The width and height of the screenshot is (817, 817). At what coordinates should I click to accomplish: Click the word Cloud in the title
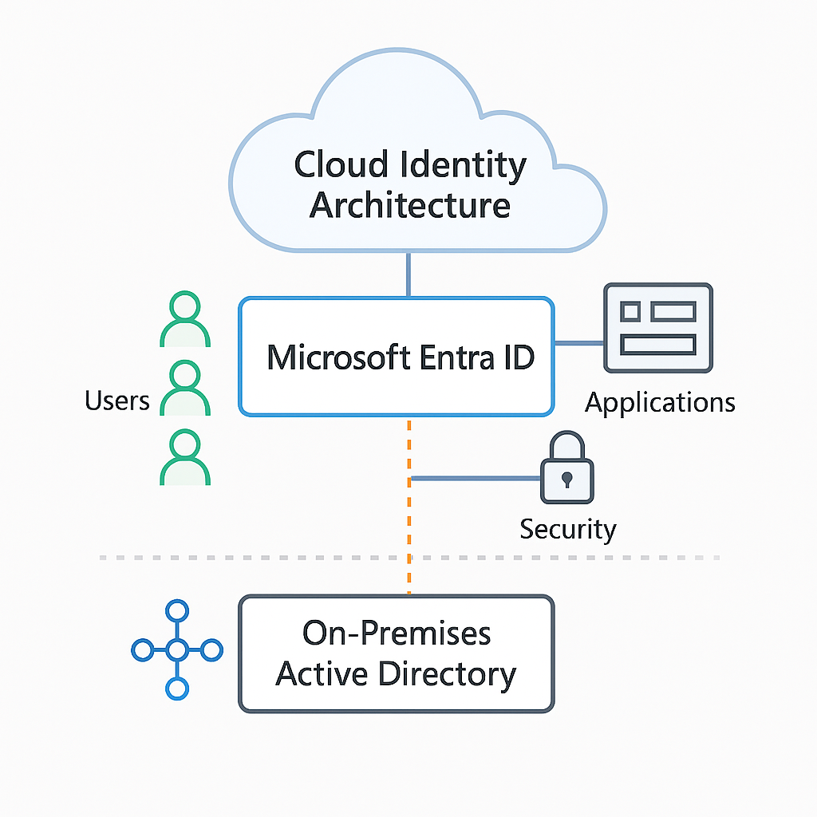click(x=341, y=166)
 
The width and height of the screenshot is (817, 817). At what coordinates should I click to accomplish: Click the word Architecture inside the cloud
click(x=410, y=205)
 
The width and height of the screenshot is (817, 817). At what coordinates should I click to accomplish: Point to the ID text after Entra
click(x=518, y=357)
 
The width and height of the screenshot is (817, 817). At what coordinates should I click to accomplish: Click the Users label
click(x=117, y=400)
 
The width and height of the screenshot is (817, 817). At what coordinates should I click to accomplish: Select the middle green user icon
click(x=185, y=389)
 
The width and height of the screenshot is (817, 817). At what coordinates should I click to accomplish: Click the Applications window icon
click(x=658, y=328)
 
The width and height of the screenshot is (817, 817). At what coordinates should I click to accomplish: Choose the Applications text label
click(x=660, y=402)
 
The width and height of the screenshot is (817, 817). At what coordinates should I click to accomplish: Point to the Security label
click(x=568, y=529)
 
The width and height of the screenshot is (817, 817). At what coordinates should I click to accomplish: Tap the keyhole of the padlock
click(x=566, y=480)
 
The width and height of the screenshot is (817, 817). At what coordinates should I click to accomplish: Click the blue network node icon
click(x=176, y=650)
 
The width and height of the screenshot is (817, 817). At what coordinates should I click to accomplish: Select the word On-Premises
click(x=397, y=633)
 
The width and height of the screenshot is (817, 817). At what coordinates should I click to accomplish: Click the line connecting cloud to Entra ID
click(x=408, y=274)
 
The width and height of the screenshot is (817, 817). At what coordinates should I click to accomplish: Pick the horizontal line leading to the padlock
click(x=476, y=479)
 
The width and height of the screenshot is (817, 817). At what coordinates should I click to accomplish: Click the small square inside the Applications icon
click(x=630, y=311)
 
